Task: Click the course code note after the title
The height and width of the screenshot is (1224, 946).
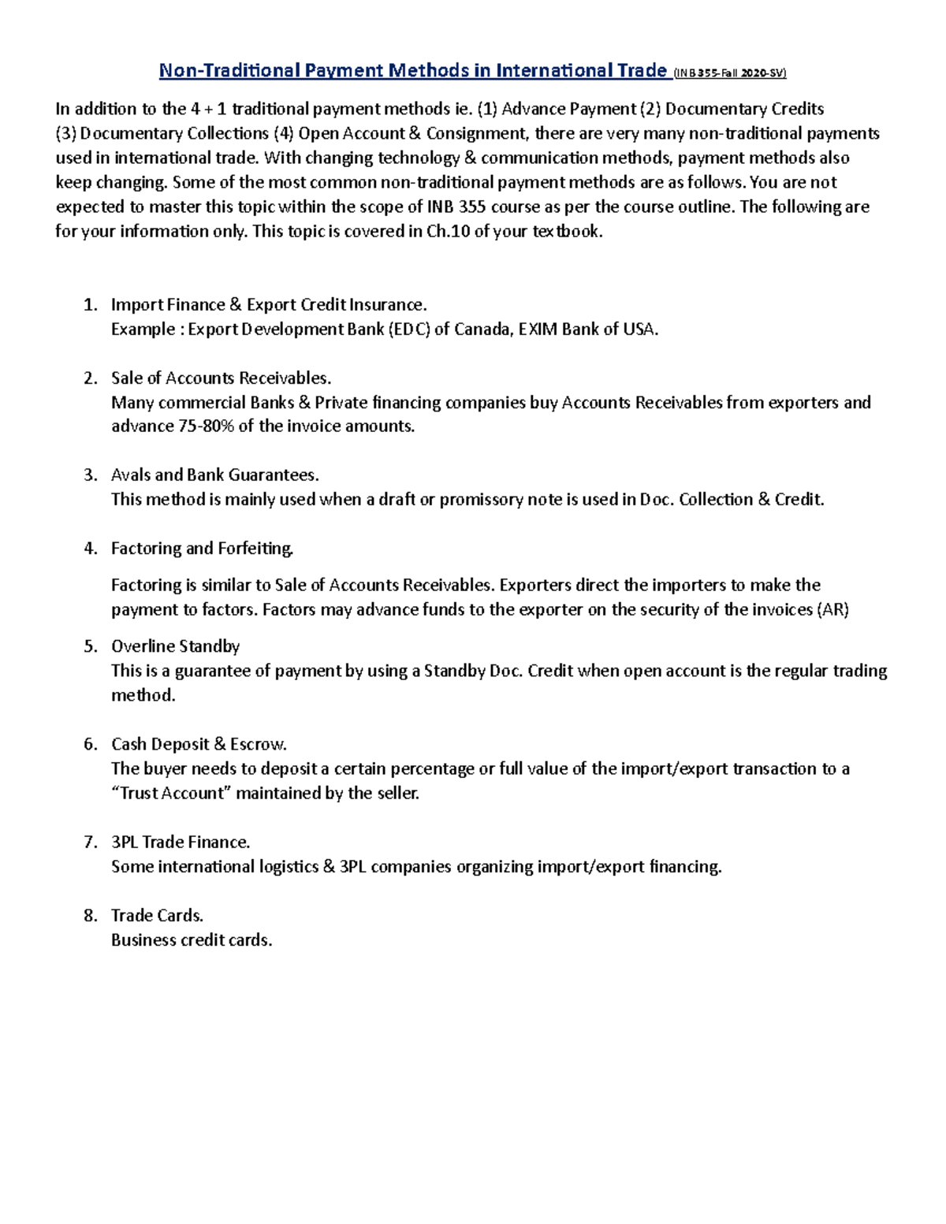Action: (730, 73)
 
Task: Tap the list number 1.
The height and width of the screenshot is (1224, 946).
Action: (90, 305)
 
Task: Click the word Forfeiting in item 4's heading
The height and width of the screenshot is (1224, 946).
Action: (256, 549)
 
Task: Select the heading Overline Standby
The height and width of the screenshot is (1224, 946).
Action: (175, 646)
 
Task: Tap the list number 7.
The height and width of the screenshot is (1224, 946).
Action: (90, 843)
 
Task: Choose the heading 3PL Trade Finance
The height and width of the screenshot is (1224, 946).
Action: (181, 843)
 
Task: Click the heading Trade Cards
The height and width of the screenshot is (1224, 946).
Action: (157, 916)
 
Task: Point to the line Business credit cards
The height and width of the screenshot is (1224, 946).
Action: (192, 940)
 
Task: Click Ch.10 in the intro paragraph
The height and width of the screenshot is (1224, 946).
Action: (449, 232)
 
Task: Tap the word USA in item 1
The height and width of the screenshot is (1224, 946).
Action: (639, 329)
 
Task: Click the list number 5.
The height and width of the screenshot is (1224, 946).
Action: (90, 646)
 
